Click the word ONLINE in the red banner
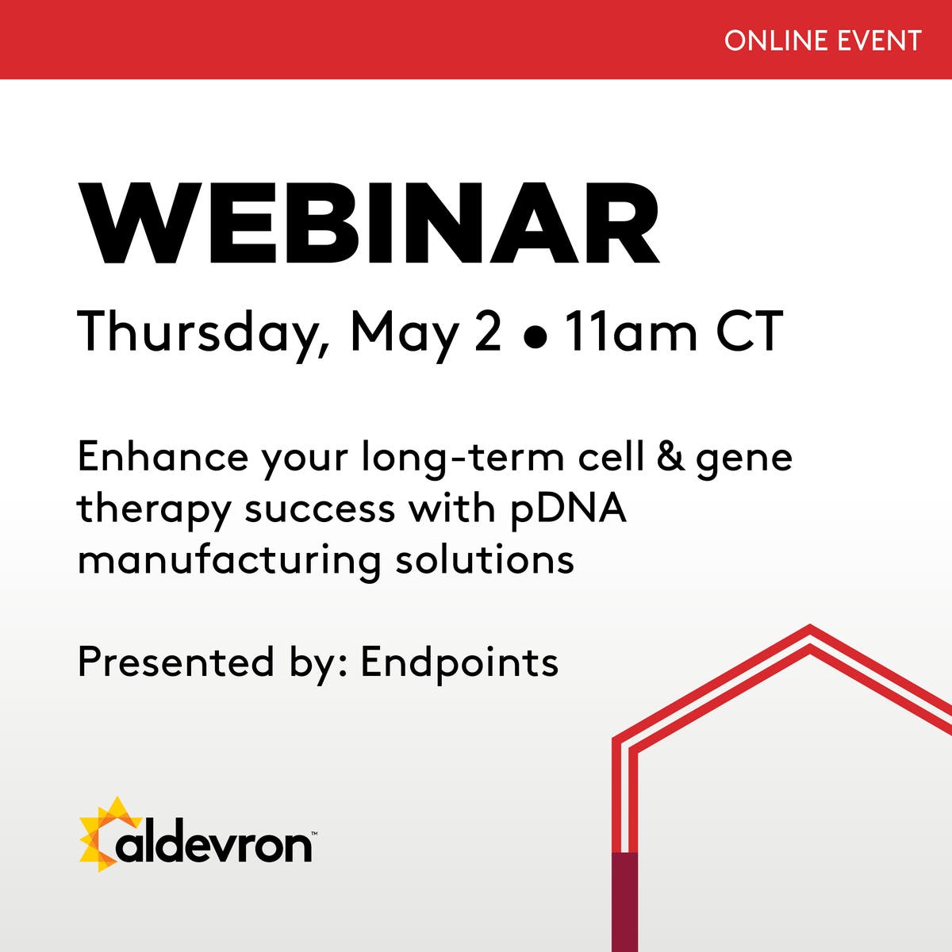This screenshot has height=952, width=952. point(766,40)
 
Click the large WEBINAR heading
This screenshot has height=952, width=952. point(369,225)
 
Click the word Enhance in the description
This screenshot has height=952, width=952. point(163,458)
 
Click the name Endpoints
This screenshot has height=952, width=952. point(459,663)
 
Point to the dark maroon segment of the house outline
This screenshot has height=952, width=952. point(625,901)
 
